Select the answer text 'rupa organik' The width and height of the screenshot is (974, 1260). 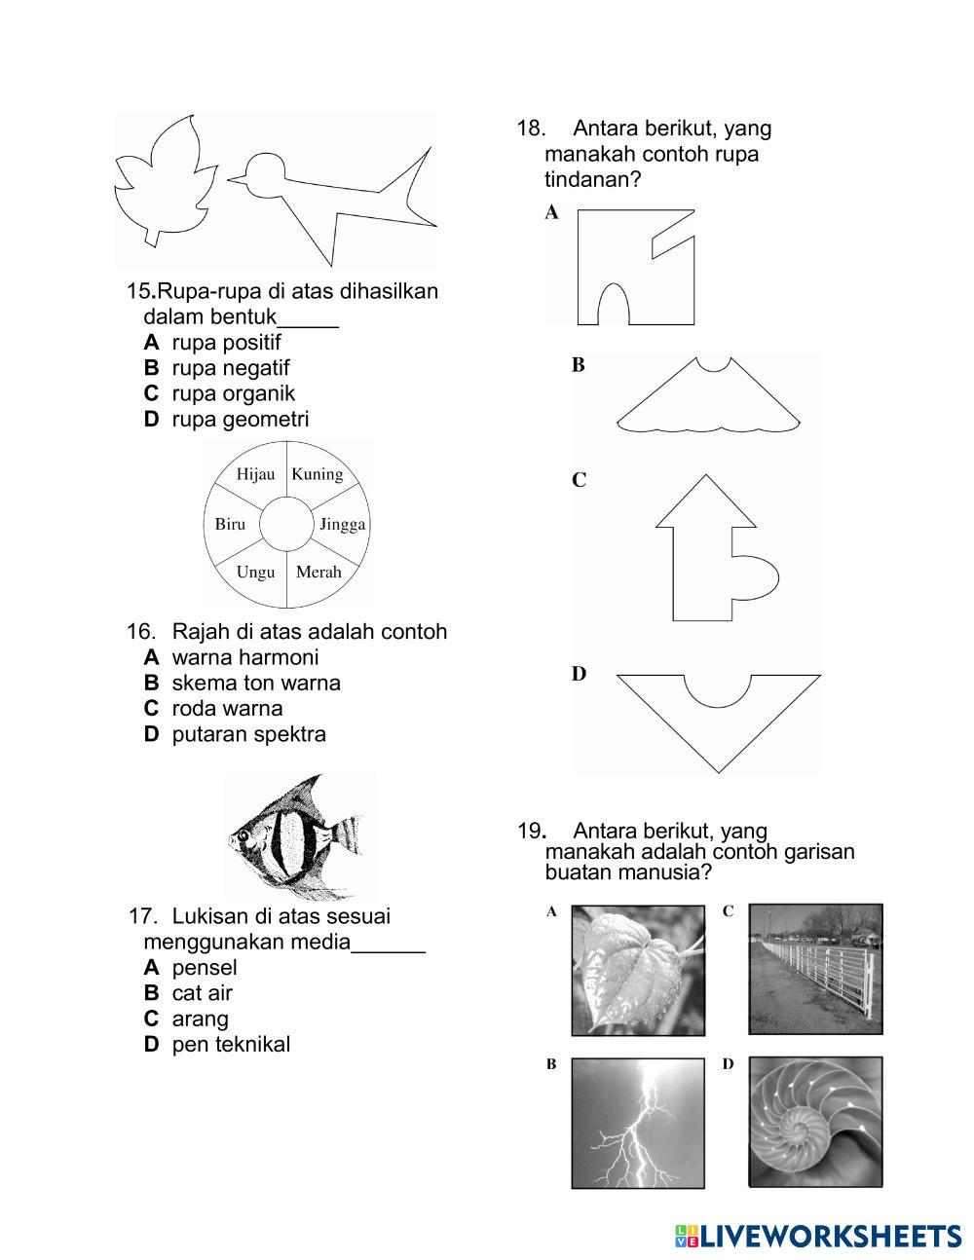(x=233, y=393)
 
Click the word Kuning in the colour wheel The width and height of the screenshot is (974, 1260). (x=318, y=474)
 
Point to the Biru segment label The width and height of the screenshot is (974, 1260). (x=230, y=524)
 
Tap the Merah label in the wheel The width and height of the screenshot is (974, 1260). (x=318, y=572)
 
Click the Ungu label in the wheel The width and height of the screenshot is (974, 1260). (x=255, y=572)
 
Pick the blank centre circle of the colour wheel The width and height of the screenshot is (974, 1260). (x=286, y=523)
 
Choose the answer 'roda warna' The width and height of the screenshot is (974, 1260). (x=227, y=708)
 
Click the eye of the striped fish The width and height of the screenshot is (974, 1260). (x=242, y=834)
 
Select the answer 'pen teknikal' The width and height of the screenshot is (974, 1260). (x=231, y=1045)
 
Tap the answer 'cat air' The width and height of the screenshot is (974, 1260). (x=202, y=993)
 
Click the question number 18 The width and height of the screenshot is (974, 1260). (x=530, y=129)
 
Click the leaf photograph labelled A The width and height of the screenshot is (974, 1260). (x=638, y=970)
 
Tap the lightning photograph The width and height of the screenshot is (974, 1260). (x=638, y=1123)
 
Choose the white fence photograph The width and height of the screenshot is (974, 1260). (x=815, y=970)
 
